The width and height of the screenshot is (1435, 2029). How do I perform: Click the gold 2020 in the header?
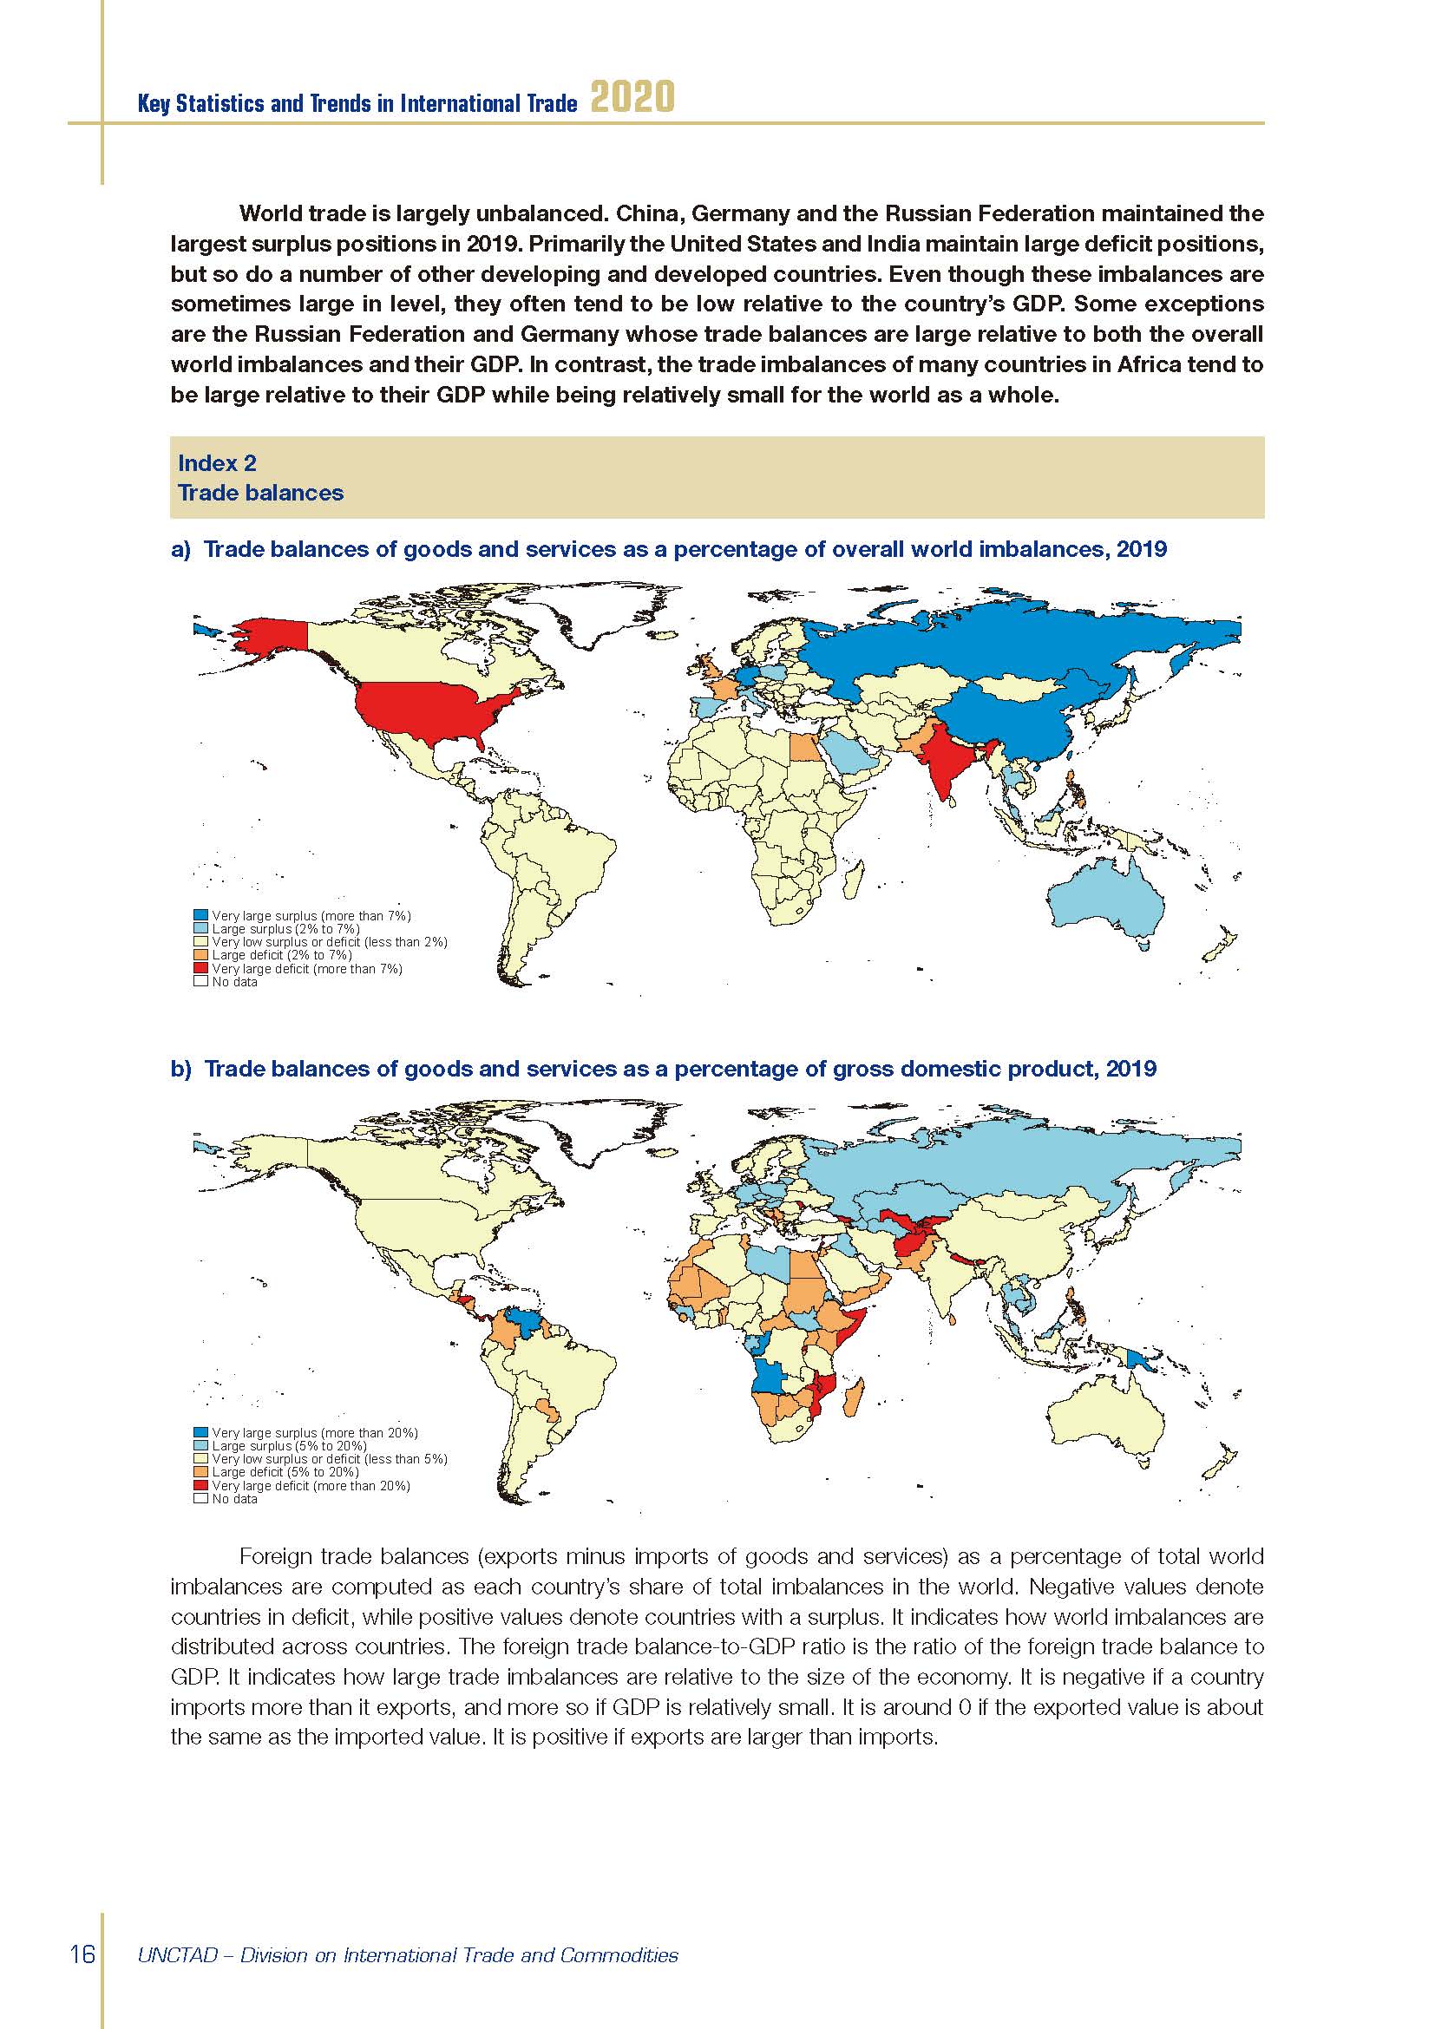[632, 97]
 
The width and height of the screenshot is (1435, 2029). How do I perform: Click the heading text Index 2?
[217, 463]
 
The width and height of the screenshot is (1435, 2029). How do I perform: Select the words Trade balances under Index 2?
[259, 492]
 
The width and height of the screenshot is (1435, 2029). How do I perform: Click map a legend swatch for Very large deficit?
[200, 969]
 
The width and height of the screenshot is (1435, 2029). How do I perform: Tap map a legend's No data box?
[200, 981]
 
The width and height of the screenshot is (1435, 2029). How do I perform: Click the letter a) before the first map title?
[180, 550]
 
